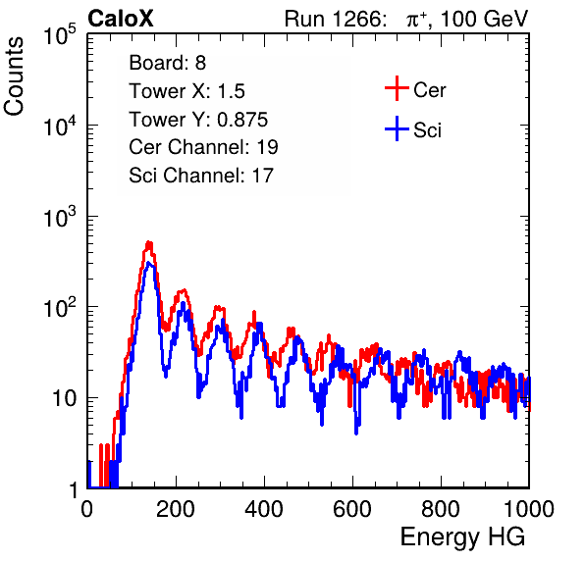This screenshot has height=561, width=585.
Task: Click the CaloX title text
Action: tap(121, 19)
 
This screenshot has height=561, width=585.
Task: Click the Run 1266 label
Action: tap(335, 19)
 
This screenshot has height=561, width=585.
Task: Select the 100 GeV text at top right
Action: tap(485, 19)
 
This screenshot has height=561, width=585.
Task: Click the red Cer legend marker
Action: tap(397, 88)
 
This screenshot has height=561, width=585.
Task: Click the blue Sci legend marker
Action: tap(397, 129)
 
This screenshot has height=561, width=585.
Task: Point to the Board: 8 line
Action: tap(168, 63)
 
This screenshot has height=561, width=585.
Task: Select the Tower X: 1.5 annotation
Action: tap(186, 91)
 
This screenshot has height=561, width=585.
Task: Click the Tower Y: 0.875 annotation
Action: tap(198, 120)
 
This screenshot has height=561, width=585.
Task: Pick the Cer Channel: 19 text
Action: tap(204, 147)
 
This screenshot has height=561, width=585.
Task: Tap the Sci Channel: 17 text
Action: tap(201, 176)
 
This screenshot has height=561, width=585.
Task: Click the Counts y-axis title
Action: tap(14, 76)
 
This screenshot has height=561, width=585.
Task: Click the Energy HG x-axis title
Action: tap(462, 537)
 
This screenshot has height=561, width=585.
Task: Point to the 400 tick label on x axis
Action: tap(264, 509)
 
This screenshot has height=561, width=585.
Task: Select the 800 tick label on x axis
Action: tap(441, 509)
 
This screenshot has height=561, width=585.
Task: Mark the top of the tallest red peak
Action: tap(149, 242)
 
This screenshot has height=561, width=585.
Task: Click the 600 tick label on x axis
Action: tap(352, 509)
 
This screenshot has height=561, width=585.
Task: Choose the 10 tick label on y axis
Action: tap(65, 399)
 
